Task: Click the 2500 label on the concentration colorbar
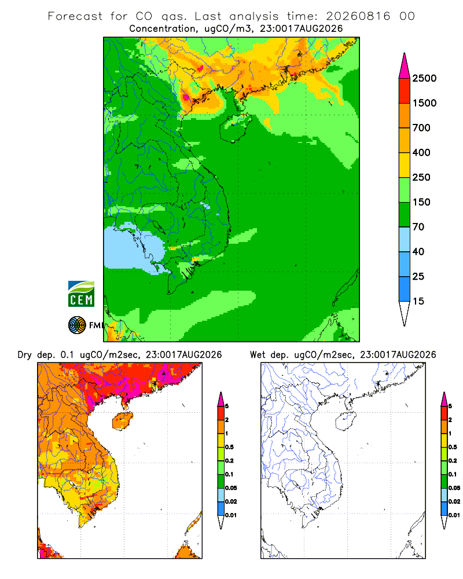[x=424, y=78]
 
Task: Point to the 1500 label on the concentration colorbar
[x=424, y=103]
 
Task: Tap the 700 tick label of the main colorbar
[x=421, y=128]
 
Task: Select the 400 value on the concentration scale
[x=421, y=152]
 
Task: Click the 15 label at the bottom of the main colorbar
[x=418, y=301]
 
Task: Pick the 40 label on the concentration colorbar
[x=418, y=252]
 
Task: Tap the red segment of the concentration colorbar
[x=405, y=91]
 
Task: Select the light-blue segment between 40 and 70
[x=405, y=239]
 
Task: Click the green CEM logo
[x=81, y=294]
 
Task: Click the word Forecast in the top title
[x=75, y=16]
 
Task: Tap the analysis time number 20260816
[x=358, y=16]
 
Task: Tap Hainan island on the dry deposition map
[x=122, y=421]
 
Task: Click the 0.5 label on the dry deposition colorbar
[x=229, y=447]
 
